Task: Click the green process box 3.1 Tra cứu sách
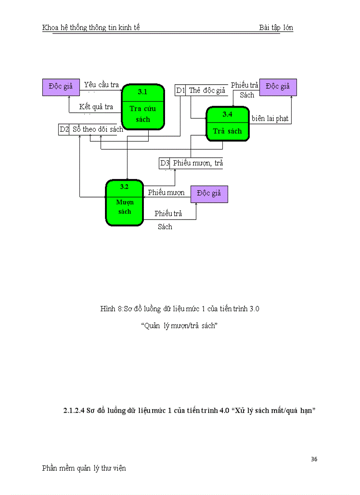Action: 142,107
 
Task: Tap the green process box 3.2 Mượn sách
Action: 124,203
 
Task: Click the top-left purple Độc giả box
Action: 61,87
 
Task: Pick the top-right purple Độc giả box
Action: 278,87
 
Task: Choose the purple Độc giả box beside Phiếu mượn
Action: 209,194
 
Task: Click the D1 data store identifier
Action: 180,90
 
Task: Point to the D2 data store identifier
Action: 64,130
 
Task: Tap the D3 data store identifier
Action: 165,163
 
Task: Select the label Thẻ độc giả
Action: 207,90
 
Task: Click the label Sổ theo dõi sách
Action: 97,130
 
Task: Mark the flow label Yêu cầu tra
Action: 101,85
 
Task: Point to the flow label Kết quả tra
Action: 96,107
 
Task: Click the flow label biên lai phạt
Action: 270,119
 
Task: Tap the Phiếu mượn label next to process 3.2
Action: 166,193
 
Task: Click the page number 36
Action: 314,459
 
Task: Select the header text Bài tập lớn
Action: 276,28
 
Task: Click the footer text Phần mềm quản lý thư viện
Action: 84,468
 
